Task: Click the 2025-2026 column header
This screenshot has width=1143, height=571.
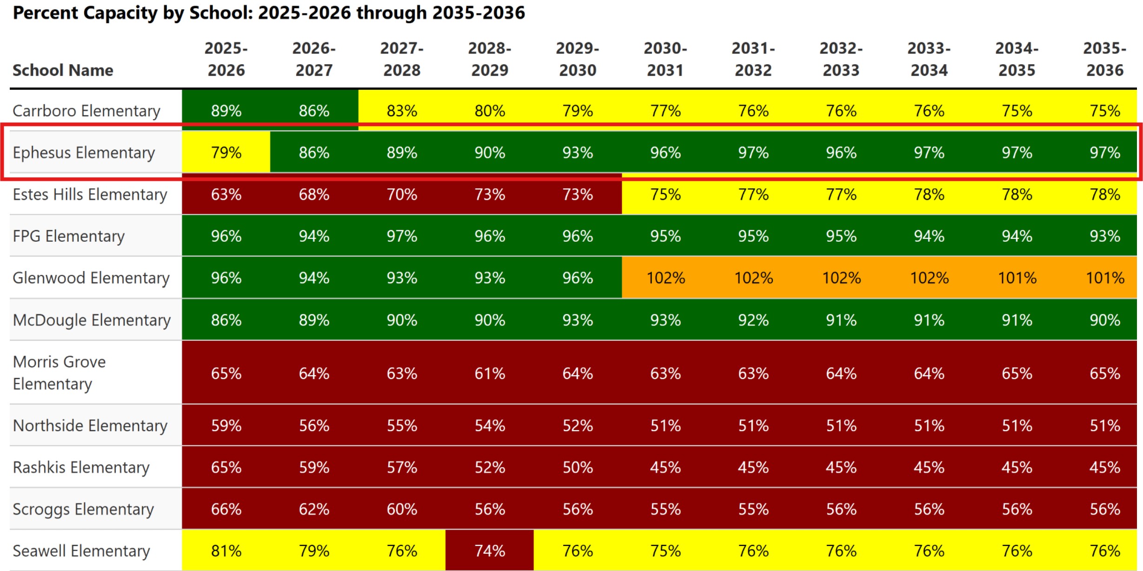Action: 226,59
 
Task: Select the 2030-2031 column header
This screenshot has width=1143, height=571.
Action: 665,59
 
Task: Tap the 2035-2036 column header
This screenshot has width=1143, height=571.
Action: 1104,59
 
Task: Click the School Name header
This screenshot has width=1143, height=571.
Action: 63,70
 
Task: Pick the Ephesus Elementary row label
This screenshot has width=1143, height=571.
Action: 84,153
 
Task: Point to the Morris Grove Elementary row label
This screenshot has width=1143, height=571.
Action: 59,372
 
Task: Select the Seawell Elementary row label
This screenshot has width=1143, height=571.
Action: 81,551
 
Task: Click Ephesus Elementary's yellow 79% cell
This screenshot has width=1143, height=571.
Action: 226,153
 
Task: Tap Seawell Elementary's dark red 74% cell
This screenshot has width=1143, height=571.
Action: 490,551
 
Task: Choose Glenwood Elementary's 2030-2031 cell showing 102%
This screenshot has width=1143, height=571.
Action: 665,278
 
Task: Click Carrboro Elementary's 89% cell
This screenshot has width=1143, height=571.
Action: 226,111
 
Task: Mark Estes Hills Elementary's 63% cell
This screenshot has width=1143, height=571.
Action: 226,194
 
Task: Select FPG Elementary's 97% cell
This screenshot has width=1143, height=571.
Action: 402,236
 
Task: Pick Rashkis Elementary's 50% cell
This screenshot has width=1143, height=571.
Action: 578,467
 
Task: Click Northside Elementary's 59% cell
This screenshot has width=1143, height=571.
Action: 226,425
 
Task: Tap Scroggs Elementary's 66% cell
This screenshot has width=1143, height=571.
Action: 226,509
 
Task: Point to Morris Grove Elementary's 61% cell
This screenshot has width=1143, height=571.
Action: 490,373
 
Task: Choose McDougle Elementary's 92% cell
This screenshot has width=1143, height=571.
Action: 753,320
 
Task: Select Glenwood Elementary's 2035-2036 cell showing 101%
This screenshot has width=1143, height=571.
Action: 1105,278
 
